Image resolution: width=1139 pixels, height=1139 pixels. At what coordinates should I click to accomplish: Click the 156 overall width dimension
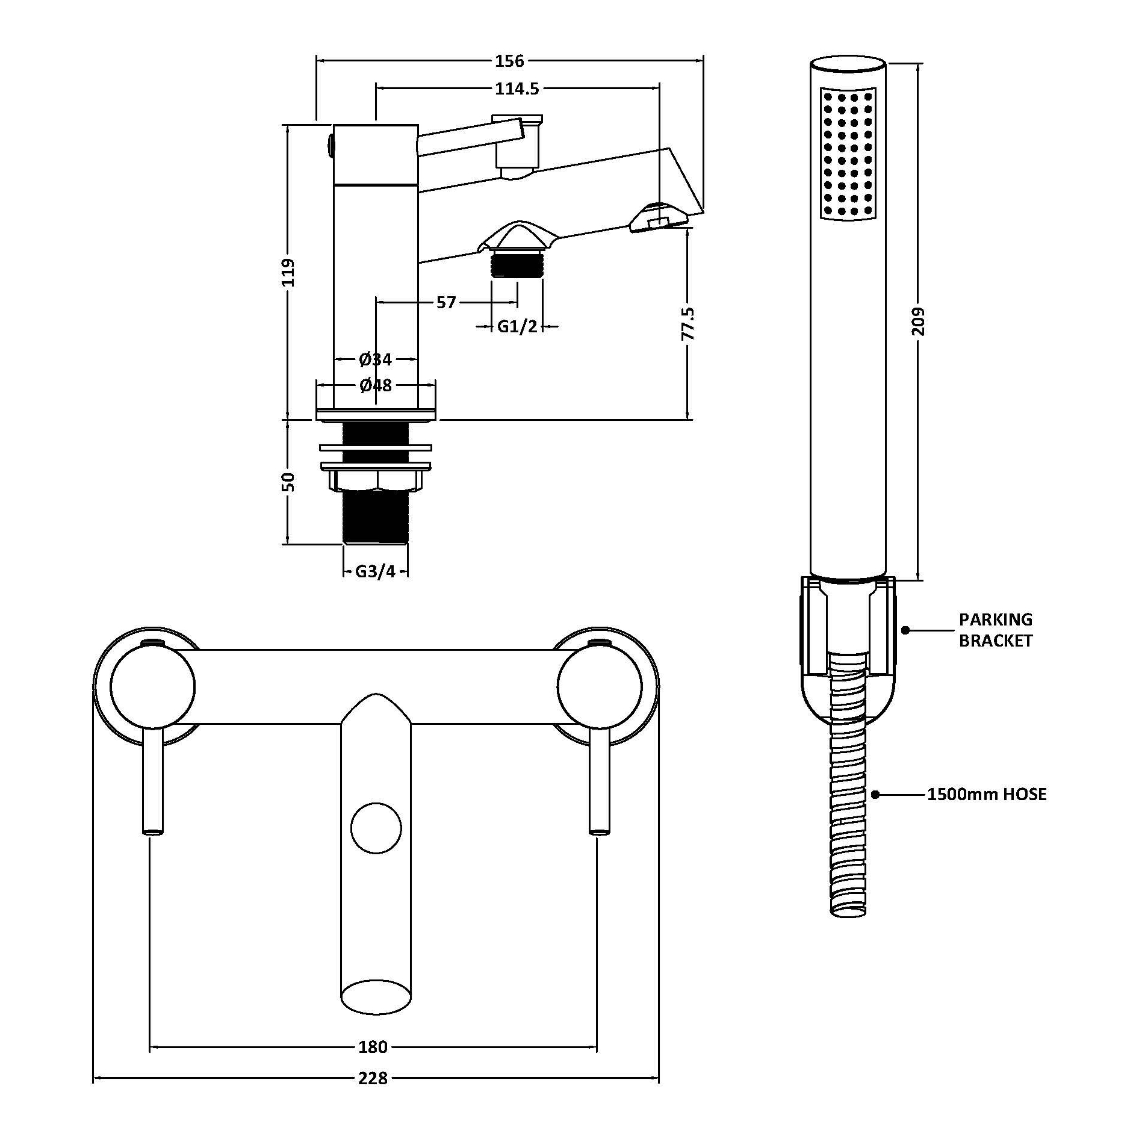[x=510, y=61]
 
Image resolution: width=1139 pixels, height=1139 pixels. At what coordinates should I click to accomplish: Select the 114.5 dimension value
[x=517, y=88]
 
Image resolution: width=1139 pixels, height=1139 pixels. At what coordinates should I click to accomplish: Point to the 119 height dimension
[x=288, y=272]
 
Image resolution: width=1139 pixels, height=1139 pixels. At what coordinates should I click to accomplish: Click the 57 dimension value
[x=446, y=302]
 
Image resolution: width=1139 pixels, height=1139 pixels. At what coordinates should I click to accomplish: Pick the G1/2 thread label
[x=517, y=327]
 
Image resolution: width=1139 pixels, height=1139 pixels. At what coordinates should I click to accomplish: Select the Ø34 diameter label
[x=376, y=360]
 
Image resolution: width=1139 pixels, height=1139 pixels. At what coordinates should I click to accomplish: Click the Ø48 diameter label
[x=376, y=385]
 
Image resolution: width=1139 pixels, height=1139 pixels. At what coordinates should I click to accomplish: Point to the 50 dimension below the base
[x=288, y=482]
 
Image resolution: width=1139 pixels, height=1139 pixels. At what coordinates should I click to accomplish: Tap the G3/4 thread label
[x=376, y=571]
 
